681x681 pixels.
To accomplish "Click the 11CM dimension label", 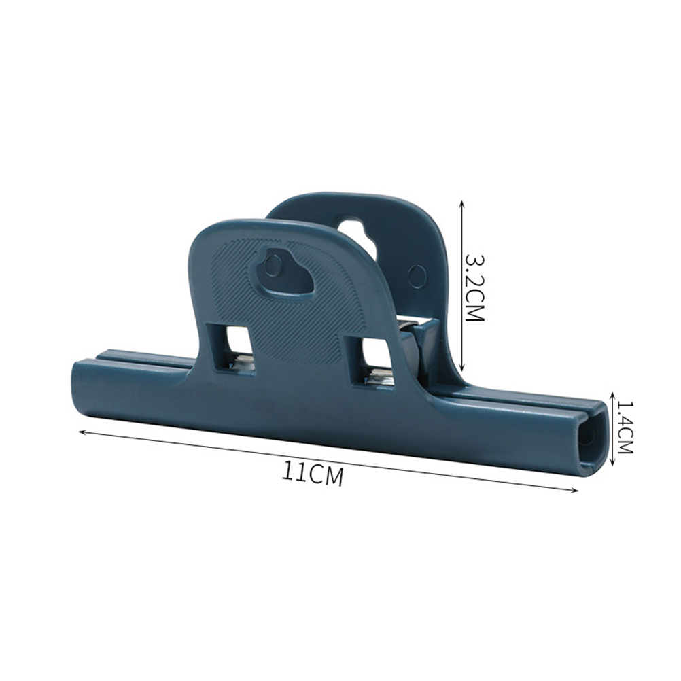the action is (313, 474).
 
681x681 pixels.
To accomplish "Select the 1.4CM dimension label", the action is (624, 427).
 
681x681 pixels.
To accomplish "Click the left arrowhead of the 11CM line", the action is (82, 432).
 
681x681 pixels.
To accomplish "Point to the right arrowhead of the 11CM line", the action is (574, 490).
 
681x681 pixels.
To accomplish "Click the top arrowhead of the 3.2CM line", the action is (462, 203).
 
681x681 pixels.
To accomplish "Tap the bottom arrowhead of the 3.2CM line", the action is (462, 368).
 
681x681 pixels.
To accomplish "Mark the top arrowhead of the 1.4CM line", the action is (612, 395).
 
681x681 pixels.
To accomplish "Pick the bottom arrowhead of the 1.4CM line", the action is (612, 461).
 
